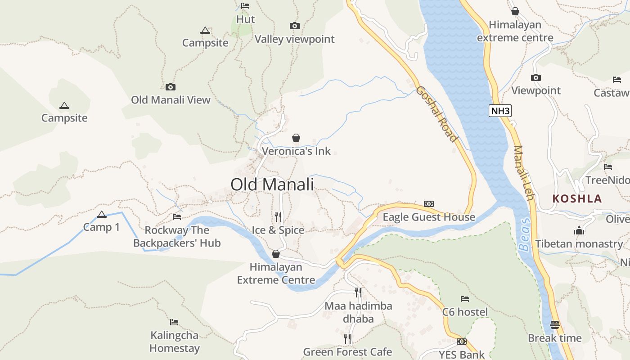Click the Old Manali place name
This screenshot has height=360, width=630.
pos(272,184)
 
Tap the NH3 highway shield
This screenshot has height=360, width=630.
pos(500,110)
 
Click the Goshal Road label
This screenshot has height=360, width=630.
pos(436,113)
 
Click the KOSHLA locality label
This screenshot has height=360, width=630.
pos(577,198)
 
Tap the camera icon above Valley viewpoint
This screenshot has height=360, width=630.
pos(295,26)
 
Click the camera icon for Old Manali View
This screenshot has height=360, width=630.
pos(171,87)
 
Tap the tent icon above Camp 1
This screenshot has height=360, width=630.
pos(102,214)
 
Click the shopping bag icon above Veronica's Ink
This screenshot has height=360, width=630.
pos(296,138)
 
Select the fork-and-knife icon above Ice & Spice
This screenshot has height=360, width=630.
pos(278,217)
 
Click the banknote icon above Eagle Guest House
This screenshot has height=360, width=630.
pos(429,204)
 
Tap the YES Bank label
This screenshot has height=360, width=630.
pos(462,355)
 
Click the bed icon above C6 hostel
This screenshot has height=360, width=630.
pos(465,298)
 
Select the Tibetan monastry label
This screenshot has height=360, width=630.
pos(579,244)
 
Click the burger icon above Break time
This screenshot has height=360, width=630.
pos(554,324)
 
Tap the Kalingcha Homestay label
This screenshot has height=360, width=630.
pos(175,342)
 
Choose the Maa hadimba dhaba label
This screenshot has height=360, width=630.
pos(358,312)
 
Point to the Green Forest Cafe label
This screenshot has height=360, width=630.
pos(347,352)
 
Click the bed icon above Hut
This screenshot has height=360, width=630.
pos(245,6)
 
